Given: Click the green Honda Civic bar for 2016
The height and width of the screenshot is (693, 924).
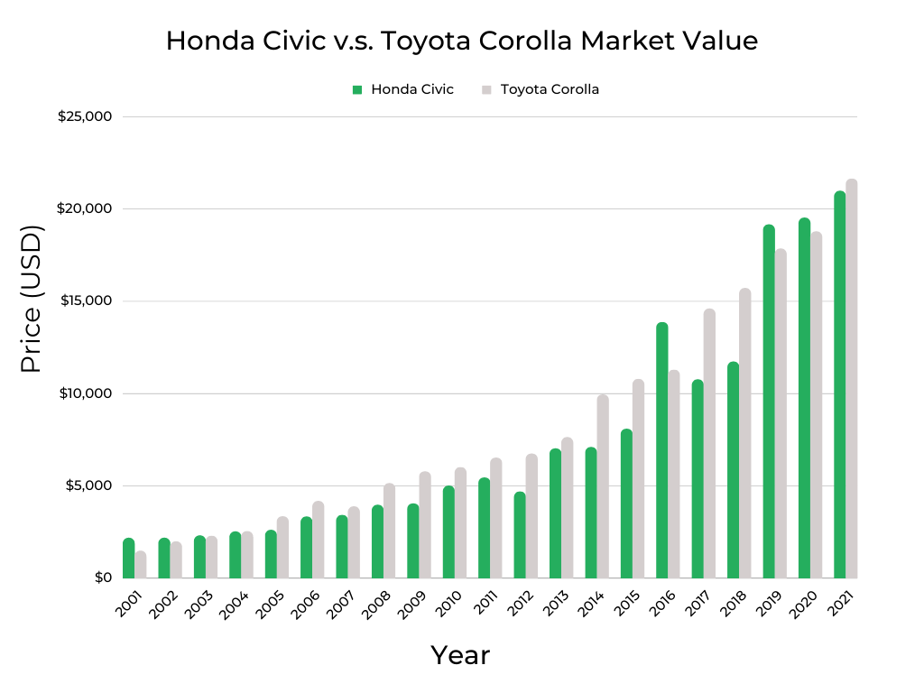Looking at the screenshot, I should (x=662, y=450).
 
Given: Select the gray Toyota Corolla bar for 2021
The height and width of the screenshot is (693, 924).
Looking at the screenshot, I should (x=852, y=379).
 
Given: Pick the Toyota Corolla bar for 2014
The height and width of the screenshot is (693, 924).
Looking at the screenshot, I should (x=603, y=486).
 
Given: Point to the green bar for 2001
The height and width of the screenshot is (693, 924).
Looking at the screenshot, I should (x=129, y=559).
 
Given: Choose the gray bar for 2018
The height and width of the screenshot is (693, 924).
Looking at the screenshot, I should (x=745, y=433).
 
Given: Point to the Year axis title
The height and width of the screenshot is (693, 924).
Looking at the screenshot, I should (x=460, y=655).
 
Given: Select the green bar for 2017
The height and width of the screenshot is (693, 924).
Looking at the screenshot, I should (x=698, y=479).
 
